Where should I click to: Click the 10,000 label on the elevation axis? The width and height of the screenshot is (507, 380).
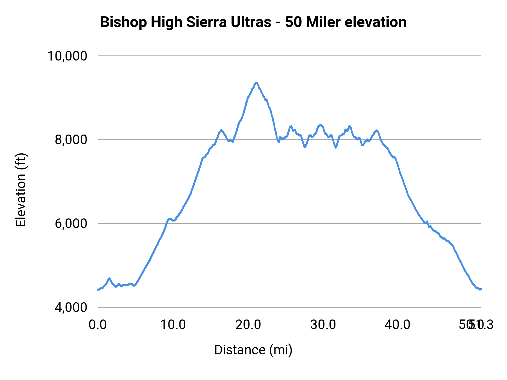[x=67, y=56]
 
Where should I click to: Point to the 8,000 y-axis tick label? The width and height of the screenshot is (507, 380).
[x=71, y=140]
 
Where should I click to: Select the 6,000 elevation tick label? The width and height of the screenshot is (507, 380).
[x=71, y=223]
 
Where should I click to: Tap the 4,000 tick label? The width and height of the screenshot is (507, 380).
[x=71, y=307]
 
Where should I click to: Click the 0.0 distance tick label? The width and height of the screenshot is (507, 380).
[x=97, y=325]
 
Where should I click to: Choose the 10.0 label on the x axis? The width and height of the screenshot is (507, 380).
[x=173, y=325]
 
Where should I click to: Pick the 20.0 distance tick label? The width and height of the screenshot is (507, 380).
[x=248, y=325]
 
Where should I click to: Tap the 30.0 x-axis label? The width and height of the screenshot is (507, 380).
[x=323, y=325]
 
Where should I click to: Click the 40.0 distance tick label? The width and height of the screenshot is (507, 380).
[x=397, y=325]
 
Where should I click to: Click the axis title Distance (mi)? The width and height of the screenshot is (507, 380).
[x=253, y=350]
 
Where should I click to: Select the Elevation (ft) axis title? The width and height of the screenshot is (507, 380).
[x=21, y=190]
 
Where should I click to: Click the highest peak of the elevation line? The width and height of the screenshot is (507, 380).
[x=256, y=83]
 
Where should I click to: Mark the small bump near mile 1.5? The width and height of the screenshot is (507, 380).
[x=109, y=278]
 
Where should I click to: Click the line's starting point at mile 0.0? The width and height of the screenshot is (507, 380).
[x=98, y=289]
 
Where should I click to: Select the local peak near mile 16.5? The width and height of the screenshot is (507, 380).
[x=221, y=130]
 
